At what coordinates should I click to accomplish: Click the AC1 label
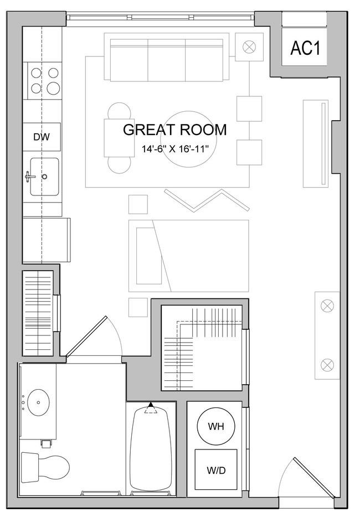click(x=305, y=48)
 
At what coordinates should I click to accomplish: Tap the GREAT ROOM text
click(x=175, y=130)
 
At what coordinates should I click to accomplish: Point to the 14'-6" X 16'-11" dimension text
click(x=175, y=149)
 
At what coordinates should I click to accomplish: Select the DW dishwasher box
click(x=42, y=137)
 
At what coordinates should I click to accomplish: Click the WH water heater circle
click(x=216, y=426)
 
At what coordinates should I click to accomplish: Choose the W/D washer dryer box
click(x=216, y=469)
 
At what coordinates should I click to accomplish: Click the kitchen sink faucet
click(x=30, y=177)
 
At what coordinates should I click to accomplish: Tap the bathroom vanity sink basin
click(x=38, y=402)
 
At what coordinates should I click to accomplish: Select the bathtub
click(x=151, y=450)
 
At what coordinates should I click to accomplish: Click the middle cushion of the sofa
click(x=167, y=60)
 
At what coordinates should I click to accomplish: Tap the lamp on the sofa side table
click(x=249, y=47)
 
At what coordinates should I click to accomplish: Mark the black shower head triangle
click(x=151, y=405)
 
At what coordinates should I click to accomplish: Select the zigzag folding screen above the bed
click(x=207, y=200)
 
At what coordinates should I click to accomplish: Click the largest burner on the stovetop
click(x=54, y=87)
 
